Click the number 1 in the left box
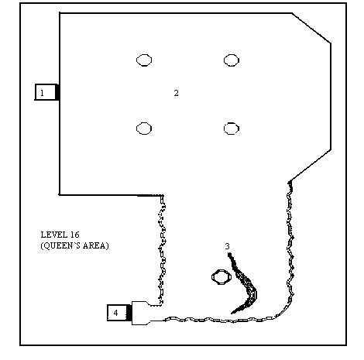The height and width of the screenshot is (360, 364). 42,92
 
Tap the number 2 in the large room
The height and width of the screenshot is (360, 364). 176,93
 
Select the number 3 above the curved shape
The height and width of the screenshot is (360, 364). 227,246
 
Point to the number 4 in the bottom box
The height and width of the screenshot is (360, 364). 115,313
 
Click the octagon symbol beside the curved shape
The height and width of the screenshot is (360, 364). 212,277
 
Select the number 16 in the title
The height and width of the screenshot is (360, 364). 74,235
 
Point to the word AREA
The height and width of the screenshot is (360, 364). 96,245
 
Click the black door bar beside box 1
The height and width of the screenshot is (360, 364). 57,92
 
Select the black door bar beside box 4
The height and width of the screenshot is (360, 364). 129,313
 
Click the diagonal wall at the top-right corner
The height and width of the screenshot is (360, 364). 311,28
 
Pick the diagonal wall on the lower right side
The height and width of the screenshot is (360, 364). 310,166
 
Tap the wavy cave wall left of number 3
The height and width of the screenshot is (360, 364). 162,250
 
